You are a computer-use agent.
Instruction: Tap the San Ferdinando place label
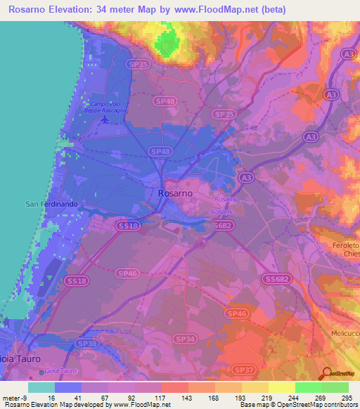click(50, 204)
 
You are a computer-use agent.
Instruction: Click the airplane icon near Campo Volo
click(105, 118)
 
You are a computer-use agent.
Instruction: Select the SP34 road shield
click(186, 339)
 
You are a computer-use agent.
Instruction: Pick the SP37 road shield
click(243, 369)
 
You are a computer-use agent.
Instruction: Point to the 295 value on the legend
click(347, 397)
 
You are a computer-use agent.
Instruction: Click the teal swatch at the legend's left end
click(41, 387)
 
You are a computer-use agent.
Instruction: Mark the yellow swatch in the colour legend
click(281, 387)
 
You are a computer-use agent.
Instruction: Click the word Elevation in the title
click(79, 9)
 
